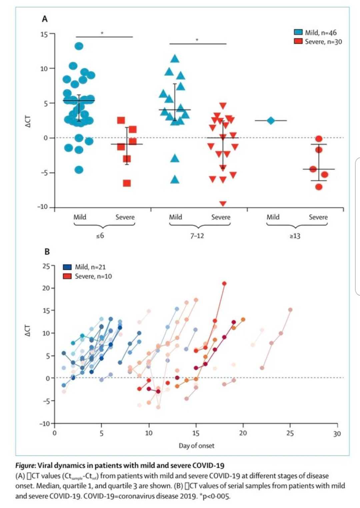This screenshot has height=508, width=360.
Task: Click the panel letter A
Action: click(x=45, y=19)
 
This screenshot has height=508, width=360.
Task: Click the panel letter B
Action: click(x=47, y=252)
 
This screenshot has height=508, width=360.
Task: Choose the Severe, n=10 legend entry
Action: click(x=87, y=276)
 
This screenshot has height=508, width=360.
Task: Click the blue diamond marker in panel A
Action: click(x=271, y=121)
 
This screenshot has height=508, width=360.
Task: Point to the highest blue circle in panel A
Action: click(x=79, y=46)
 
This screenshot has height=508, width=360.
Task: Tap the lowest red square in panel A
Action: click(x=127, y=183)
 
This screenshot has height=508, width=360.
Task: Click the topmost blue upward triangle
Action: click(x=175, y=59)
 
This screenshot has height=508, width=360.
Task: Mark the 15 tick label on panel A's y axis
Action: click(x=44, y=34)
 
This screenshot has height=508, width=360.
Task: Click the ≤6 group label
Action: click(x=100, y=236)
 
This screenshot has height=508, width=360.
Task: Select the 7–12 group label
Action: click(x=197, y=236)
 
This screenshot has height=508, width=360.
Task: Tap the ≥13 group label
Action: click(x=295, y=236)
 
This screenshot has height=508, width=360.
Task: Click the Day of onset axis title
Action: click(x=196, y=446)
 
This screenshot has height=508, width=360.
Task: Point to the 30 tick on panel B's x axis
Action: click(x=337, y=433)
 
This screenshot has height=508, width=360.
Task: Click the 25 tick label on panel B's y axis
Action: click(x=46, y=266)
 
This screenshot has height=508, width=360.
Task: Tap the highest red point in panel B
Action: click(x=224, y=283)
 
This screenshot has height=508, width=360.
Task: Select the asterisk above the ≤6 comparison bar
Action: click(x=102, y=33)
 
